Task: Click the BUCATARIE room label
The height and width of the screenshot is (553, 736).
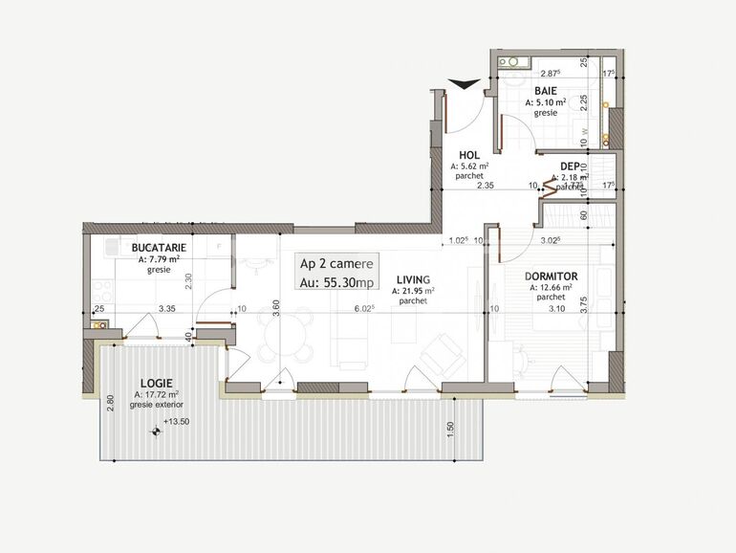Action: point(159,247)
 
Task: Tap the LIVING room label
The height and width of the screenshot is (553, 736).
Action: point(412,279)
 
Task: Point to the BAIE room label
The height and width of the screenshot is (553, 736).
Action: point(545,90)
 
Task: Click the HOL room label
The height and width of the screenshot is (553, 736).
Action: point(469,154)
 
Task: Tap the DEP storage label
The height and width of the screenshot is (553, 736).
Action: point(571,166)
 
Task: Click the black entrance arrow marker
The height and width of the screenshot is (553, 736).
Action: point(465,85)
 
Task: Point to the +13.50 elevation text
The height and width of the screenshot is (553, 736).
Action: point(177,422)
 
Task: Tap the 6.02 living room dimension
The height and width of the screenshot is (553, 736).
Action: point(364,309)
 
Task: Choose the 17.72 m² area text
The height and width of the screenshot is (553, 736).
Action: point(157,393)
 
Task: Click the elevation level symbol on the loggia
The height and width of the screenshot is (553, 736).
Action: point(157,431)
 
